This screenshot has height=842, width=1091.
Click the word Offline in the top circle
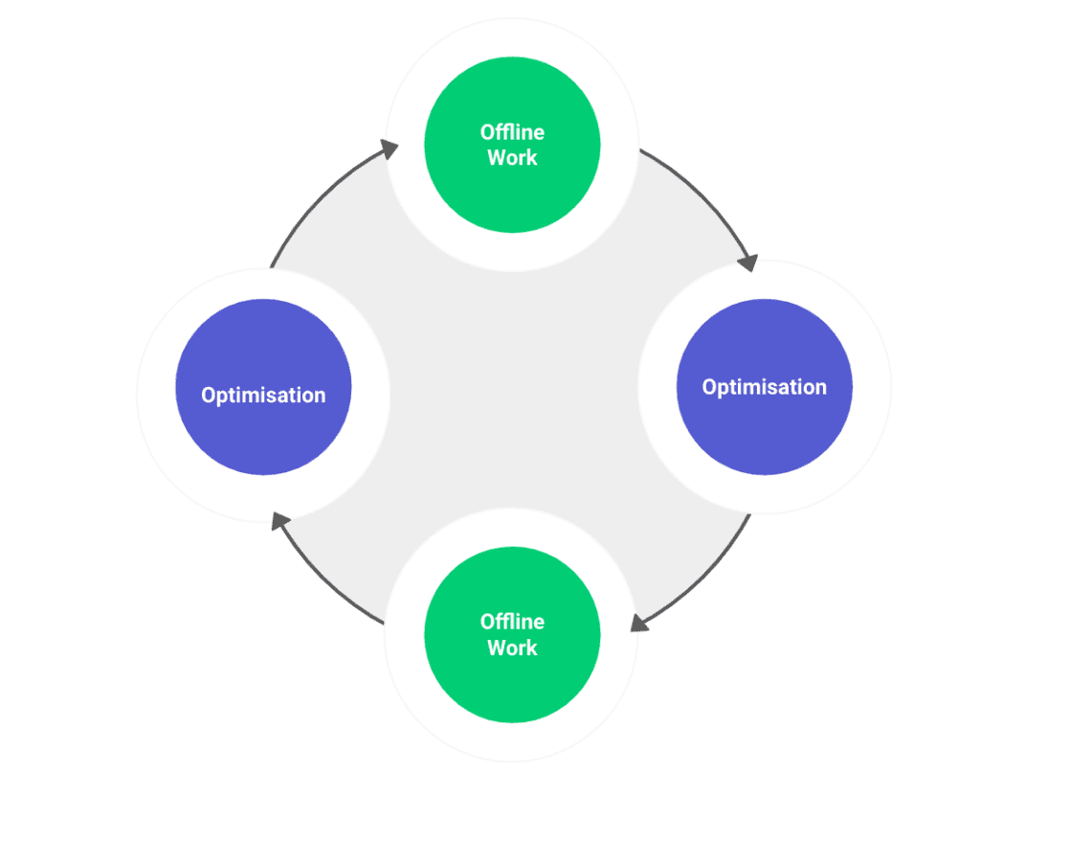[512, 132]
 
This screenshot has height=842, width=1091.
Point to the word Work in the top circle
[512, 158]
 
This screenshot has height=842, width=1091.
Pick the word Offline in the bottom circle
[512, 623]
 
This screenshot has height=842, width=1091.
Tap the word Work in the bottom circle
[512, 649]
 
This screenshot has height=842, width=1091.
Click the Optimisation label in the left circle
[263, 395]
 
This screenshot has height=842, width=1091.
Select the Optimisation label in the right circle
[764, 387]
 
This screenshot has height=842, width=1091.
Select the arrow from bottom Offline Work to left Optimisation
[321, 575]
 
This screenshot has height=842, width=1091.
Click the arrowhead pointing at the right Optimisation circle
[748, 262]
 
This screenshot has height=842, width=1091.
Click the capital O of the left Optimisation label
[209, 395]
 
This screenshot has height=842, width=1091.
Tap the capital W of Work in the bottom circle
[498, 649]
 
